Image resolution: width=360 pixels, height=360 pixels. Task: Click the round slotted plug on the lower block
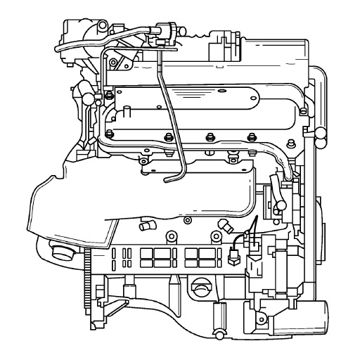click(x=200, y=288)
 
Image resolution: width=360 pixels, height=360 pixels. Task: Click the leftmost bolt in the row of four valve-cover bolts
click(x=108, y=134)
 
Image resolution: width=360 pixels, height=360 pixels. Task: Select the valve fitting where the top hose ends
click(x=165, y=29)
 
